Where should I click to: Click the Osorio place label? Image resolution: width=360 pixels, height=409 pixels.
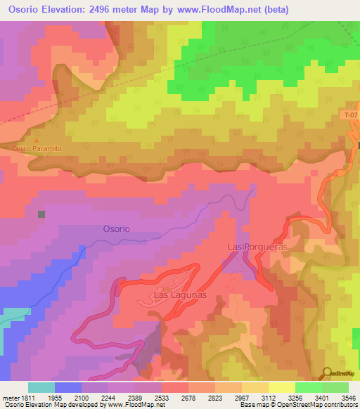pyautogui.click(x=116, y=229)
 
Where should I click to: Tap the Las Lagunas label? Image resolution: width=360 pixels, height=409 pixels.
pyautogui.click(x=181, y=295)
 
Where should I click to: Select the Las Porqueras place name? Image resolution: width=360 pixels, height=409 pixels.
pyautogui.click(x=258, y=247)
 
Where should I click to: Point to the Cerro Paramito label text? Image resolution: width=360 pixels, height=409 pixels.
pyautogui.click(x=37, y=149)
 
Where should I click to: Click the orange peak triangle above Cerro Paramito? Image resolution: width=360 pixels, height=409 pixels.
pyautogui.click(x=37, y=141)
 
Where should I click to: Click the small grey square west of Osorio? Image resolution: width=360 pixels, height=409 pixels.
pyautogui.click(x=41, y=214)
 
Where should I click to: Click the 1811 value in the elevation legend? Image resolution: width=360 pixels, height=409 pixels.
pyautogui.click(x=26, y=396)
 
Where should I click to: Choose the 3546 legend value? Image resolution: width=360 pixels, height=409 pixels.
pyautogui.click(x=346, y=396)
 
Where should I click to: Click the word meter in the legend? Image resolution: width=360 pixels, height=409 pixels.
pyautogui.click(x=9, y=396)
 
